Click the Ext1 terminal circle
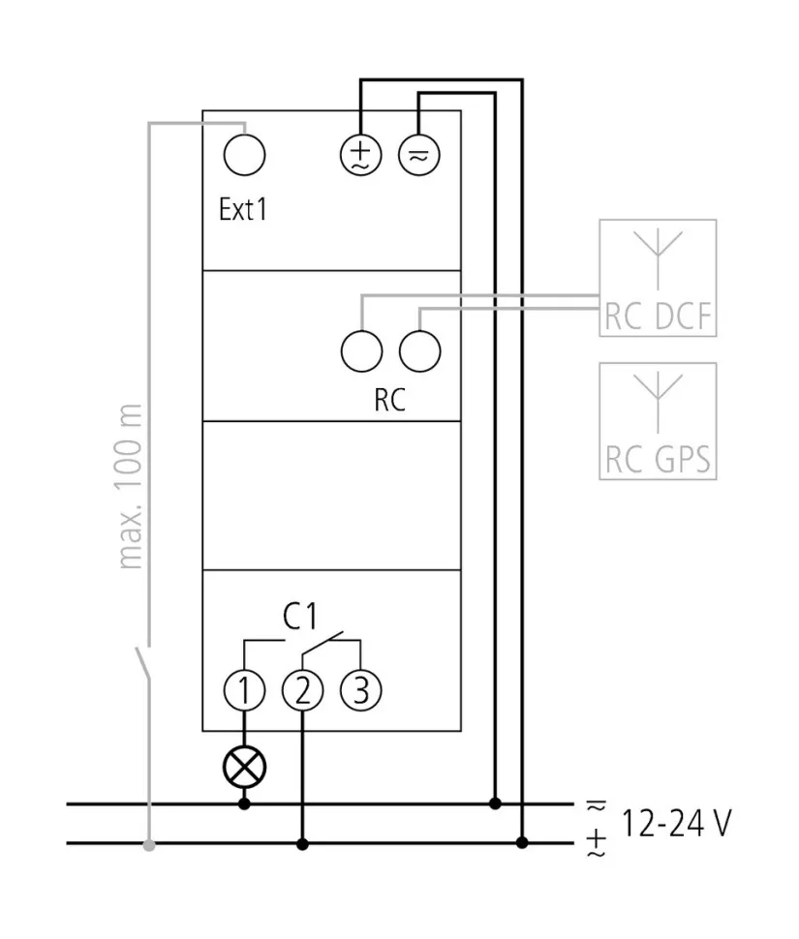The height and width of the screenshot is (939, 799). tap(244, 154)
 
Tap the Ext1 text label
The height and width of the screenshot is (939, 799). tap(242, 210)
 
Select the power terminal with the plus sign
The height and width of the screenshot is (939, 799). tap(359, 154)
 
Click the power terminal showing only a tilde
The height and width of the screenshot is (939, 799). tap(418, 154)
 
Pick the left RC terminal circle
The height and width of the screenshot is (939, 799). tap(361, 349)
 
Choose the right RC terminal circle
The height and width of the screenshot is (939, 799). tap(419, 349)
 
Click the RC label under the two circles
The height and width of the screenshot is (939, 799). tap(389, 400)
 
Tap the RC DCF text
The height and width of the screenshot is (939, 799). tap(659, 317)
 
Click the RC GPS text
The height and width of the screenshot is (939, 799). tap(659, 459)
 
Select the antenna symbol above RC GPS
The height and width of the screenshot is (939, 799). tap(659, 397)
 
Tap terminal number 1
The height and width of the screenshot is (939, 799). tap(244, 690)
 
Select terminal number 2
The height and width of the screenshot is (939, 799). tap(302, 690)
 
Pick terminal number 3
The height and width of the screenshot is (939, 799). tap(360, 690)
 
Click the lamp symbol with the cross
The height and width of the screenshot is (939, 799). tap(244, 768)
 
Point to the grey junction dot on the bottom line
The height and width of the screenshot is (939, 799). tap(148, 845)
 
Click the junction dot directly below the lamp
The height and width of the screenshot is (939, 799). tap(244, 803)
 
